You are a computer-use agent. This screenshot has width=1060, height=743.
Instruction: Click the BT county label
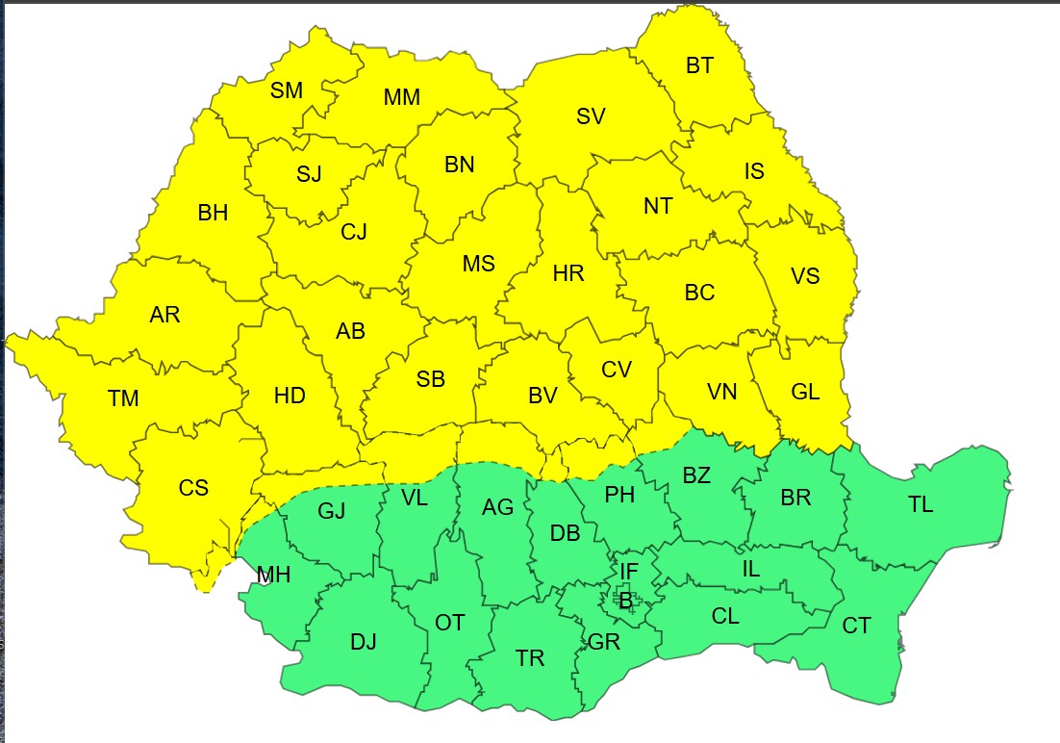click(700, 66)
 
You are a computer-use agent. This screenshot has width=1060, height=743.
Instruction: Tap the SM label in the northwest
click(287, 91)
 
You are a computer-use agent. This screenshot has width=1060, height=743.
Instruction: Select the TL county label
click(921, 505)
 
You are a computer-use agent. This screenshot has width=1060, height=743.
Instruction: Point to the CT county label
click(856, 627)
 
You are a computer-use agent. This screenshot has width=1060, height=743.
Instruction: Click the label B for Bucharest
click(626, 602)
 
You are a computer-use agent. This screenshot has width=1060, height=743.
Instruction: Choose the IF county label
click(628, 572)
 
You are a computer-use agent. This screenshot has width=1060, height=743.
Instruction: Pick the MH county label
click(273, 576)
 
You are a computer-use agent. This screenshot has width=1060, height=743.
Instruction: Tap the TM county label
click(123, 398)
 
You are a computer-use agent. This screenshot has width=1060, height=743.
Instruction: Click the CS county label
click(193, 488)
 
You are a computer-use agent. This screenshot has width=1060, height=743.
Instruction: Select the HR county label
click(568, 274)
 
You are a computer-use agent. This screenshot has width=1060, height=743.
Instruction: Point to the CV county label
click(616, 370)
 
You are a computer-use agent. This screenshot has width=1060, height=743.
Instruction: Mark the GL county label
click(805, 392)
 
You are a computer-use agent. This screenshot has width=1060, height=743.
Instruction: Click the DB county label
click(565, 533)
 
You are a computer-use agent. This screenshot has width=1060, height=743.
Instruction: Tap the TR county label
click(530, 658)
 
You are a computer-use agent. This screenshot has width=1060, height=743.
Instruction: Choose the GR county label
click(603, 643)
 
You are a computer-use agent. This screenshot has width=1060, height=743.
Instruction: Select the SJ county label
click(309, 174)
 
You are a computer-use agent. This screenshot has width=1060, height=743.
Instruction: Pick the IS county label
click(754, 171)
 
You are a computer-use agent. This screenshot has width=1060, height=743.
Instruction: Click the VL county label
click(415, 498)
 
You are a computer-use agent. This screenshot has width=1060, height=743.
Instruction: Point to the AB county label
click(350, 331)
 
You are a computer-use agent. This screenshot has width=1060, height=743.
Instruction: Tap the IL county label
click(751, 569)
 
